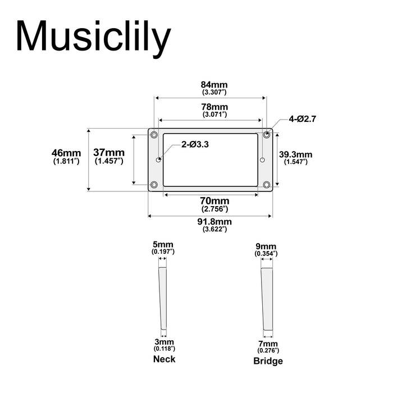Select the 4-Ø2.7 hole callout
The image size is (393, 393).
(x=304, y=119)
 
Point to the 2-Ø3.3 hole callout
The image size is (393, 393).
(x=195, y=144)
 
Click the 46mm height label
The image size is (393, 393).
(x=66, y=153)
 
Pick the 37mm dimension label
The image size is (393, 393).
(x=109, y=153)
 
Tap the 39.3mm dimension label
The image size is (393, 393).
(x=295, y=154)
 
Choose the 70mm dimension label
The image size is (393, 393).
(x=214, y=201)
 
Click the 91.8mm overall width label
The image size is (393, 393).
(x=214, y=222)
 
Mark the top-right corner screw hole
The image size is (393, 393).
(x=267, y=134)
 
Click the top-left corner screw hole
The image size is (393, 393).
(x=154, y=134)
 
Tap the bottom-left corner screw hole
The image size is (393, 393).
(x=154, y=185)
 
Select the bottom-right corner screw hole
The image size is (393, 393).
(x=267, y=185)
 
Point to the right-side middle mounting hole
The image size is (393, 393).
(x=262, y=159)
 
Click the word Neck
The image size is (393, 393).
(x=164, y=359)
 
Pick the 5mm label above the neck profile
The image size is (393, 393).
(x=163, y=244)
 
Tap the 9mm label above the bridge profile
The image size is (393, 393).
(x=266, y=246)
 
